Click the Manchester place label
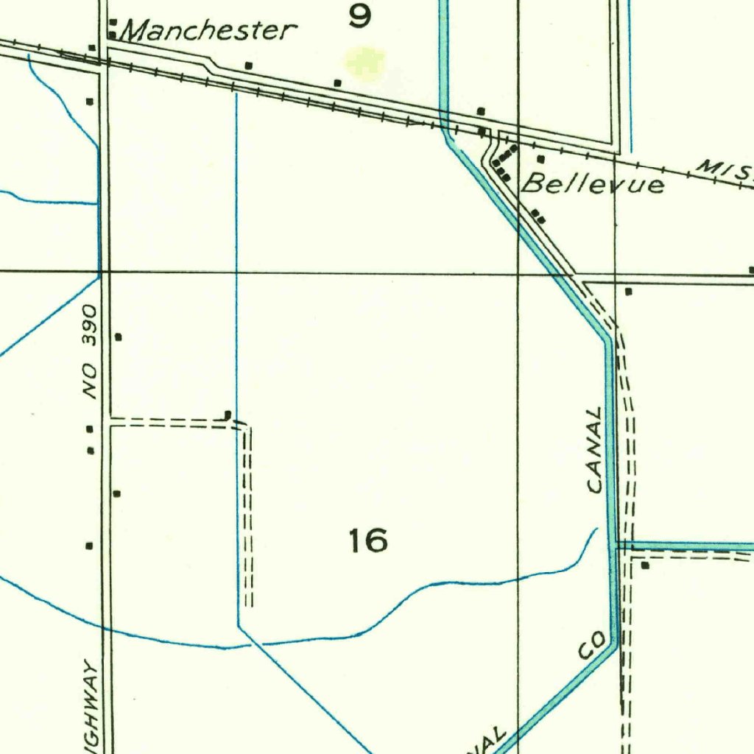[x=208, y=30]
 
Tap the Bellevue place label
[x=593, y=184]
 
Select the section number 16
[x=368, y=541]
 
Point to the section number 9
[x=359, y=15]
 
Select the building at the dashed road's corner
[x=228, y=415]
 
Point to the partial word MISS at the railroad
[x=725, y=172]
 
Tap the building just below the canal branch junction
[x=645, y=566]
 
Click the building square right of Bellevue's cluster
[x=540, y=159]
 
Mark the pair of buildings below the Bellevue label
[x=539, y=216]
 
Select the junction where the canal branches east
[x=614, y=546]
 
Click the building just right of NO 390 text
[x=118, y=337]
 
